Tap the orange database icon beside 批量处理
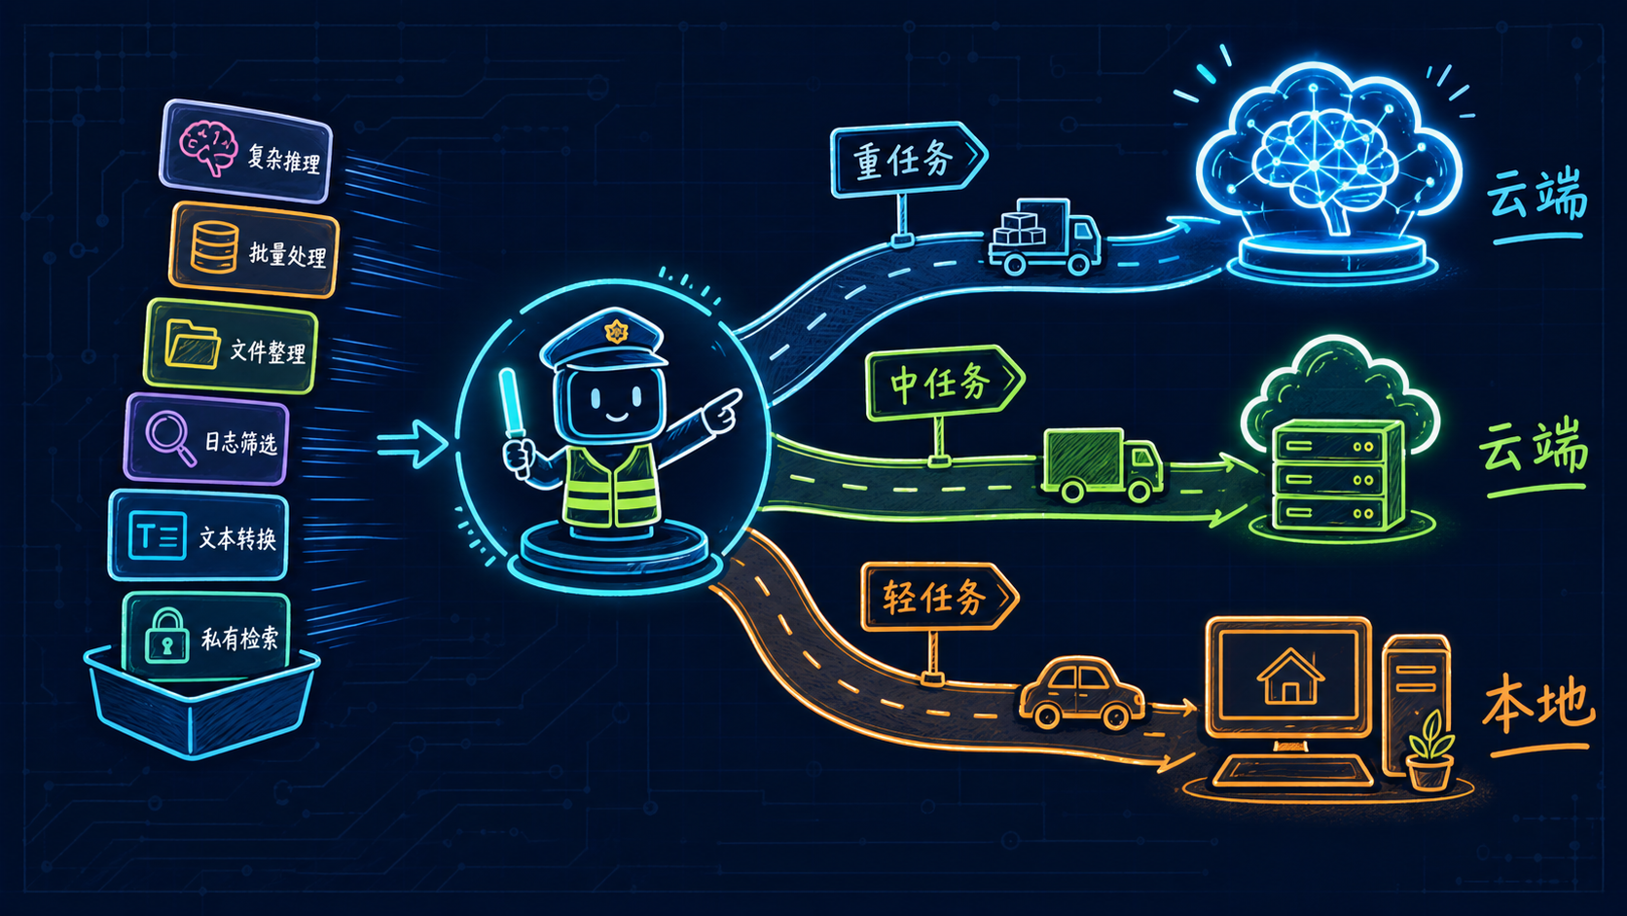(214, 247)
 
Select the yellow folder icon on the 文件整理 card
(193, 345)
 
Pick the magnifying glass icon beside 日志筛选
(170, 438)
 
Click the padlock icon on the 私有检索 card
(167, 637)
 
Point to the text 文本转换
(237, 538)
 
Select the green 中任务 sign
(944, 383)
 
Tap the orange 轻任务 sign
(938, 597)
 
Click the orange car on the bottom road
(1081, 694)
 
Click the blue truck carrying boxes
(1044, 237)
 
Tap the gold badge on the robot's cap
(616, 332)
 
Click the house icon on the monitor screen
(1290, 677)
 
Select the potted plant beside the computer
(1429, 751)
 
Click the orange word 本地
(1537, 703)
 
